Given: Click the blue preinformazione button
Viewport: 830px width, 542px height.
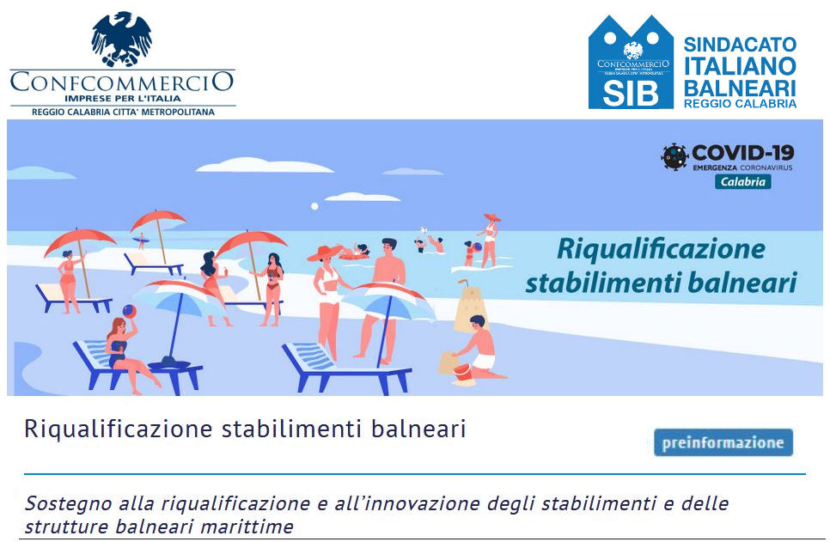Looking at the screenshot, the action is (723, 442).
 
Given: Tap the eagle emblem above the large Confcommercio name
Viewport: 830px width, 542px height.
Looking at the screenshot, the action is (122, 39).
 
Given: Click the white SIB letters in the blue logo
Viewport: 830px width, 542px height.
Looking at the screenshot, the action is (631, 93).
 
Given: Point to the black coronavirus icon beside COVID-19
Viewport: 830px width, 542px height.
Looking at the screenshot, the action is (674, 156).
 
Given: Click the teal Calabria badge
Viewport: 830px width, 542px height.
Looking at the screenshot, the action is (742, 181).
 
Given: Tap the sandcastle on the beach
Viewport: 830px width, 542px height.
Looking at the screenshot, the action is (470, 307).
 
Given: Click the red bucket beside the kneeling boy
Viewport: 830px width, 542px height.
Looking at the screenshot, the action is (462, 371).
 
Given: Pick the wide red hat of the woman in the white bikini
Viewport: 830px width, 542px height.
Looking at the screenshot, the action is (325, 253).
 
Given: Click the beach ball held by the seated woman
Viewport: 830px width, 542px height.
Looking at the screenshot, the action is (129, 311).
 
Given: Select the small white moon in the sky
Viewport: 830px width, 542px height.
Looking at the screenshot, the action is (314, 206).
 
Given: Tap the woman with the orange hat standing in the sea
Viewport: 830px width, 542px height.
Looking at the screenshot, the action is (490, 240).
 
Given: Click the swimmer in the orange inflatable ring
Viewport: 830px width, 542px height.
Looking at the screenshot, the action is (355, 252).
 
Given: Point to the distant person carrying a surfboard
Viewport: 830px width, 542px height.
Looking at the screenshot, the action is (141, 241).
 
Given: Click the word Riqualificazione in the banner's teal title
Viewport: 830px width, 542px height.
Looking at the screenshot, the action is (661, 249).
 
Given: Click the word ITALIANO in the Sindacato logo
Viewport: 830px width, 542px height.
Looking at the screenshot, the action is (740, 66).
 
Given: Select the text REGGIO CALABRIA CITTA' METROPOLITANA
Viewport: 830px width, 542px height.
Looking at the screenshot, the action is (123, 113).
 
